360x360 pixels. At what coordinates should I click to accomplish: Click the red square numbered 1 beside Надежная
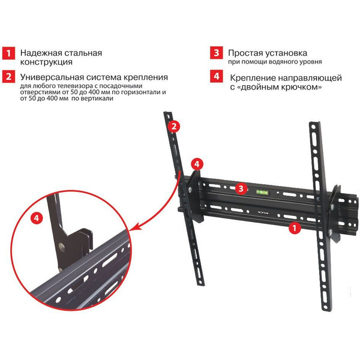pyautogui.click(x=8, y=53)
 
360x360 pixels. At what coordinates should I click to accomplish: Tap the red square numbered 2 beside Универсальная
pyautogui.click(x=8, y=77)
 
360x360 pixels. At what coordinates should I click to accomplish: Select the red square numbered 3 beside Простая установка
pyautogui.click(x=216, y=53)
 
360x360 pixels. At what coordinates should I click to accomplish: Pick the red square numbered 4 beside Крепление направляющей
pyautogui.click(x=216, y=77)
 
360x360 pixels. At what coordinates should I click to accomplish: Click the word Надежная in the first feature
pyautogui.click(x=41, y=52)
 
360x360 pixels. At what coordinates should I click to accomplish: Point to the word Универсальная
pyautogui.click(x=52, y=77)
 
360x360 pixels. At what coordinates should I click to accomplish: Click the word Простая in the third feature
pyautogui.click(x=247, y=52)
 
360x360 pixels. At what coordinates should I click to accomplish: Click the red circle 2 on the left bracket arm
pyautogui.click(x=173, y=126)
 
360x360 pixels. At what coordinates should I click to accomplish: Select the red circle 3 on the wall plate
pyautogui.click(x=240, y=188)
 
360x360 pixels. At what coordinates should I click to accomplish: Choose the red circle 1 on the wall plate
pyautogui.click(x=294, y=228)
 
